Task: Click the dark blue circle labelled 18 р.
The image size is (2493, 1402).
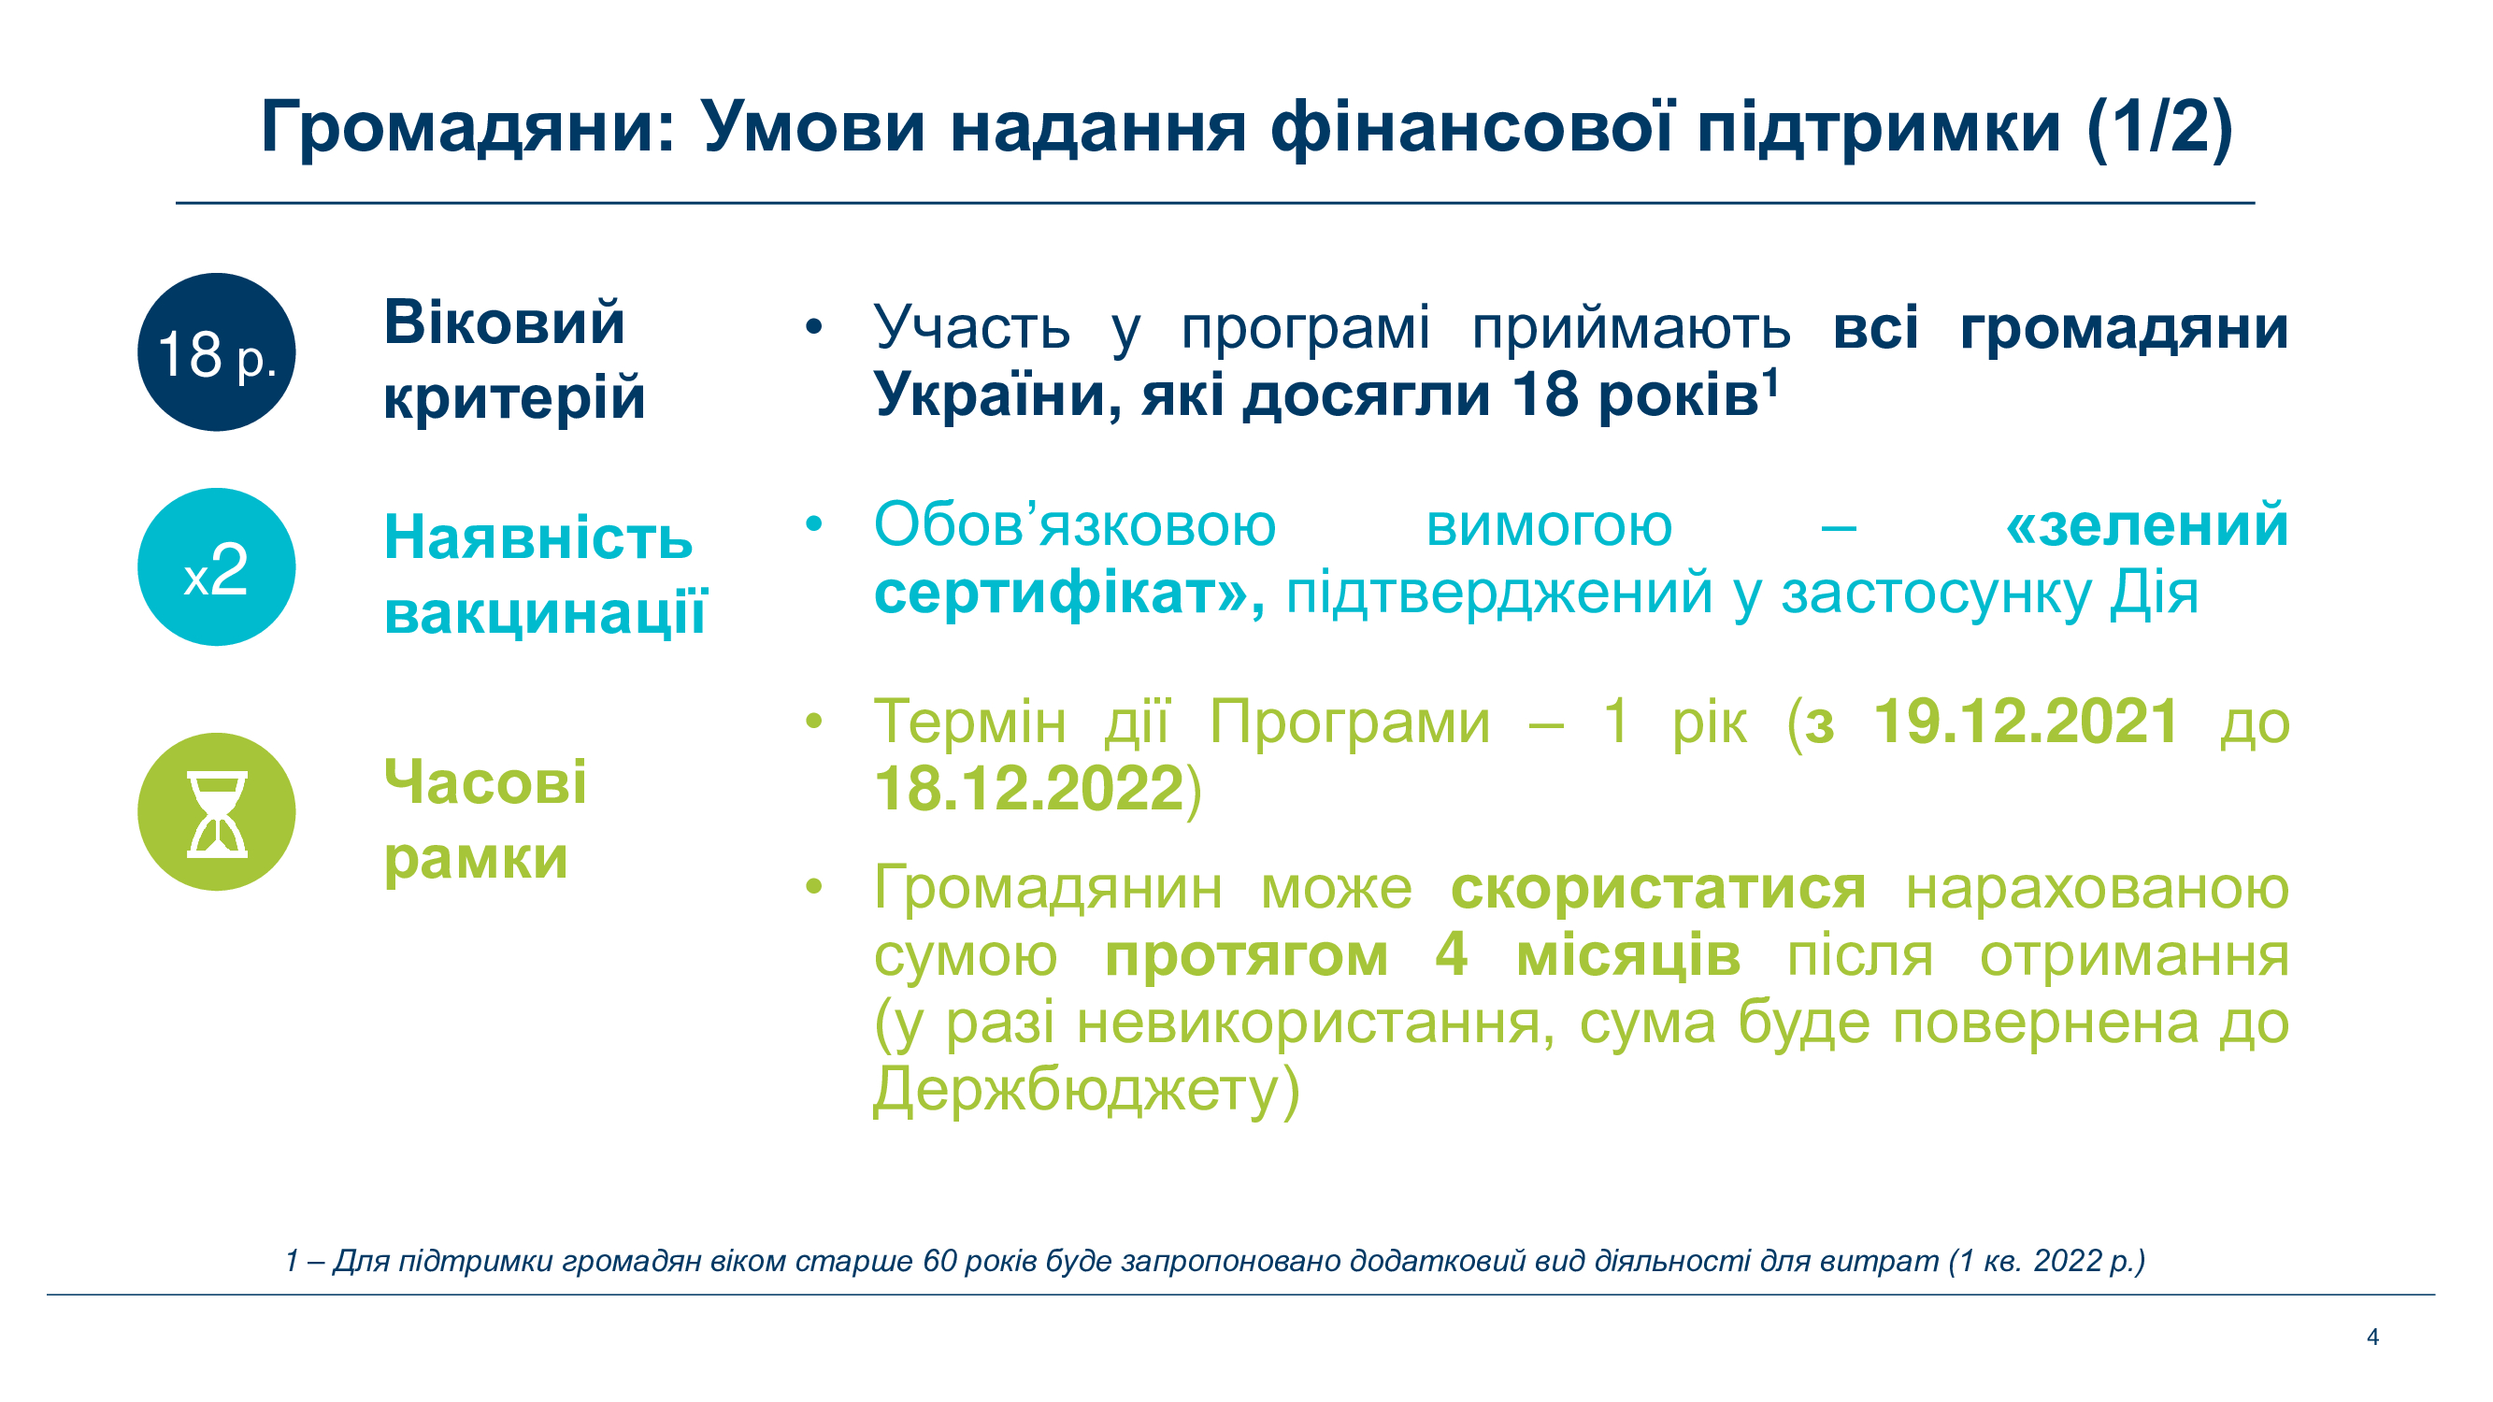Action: click(217, 352)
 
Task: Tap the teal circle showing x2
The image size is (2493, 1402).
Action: click(217, 567)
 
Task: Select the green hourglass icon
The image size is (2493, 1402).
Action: click(217, 813)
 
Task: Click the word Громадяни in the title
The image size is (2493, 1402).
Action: click(468, 128)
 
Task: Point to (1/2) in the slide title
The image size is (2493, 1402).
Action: click(2159, 128)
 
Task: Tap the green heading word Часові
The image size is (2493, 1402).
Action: click(485, 781)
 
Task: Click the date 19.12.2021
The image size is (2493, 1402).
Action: click(2027, 721)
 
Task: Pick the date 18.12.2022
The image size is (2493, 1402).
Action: click(1029, 788)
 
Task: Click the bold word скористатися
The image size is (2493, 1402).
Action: click(1658, 887)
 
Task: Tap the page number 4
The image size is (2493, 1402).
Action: click(2372, 1337)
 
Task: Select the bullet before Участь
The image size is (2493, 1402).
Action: click(814, 327)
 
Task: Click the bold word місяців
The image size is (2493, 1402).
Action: click(1627, 955)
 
